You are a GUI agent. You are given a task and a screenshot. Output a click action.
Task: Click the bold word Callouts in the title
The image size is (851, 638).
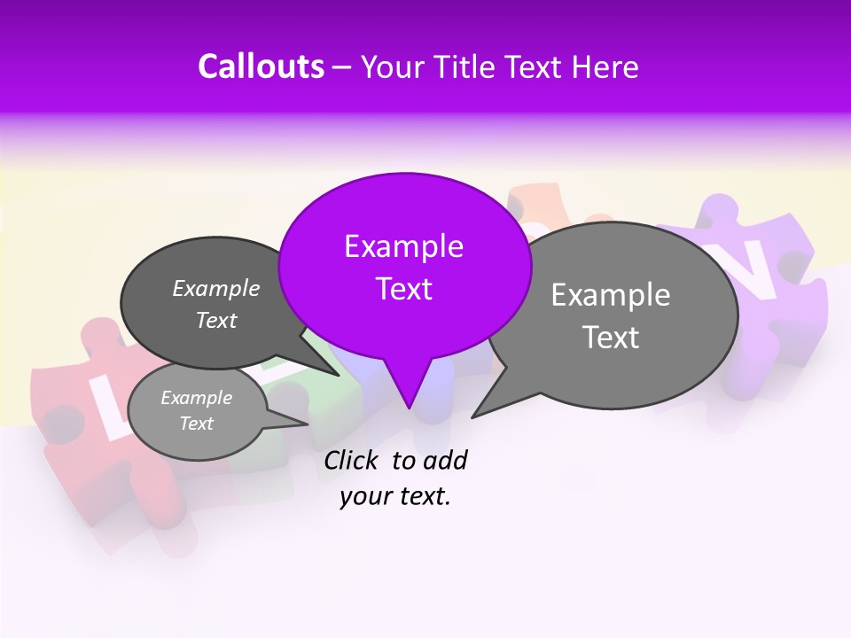(x=261, y=66)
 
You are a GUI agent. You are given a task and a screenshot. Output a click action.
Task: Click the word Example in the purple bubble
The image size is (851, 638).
(x=403, y=245)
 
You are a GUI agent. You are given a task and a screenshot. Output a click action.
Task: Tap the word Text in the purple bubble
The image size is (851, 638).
(x=403, y=288)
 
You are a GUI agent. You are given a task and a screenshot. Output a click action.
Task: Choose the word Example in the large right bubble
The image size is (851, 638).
(x=611, y=294)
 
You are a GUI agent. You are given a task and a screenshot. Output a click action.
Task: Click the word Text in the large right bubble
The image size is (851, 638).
(x=611, y=337)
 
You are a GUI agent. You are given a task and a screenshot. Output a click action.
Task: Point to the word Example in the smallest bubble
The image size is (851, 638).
(x=196, y=398)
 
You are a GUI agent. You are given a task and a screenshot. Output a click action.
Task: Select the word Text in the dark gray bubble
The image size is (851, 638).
(x=216, y=321)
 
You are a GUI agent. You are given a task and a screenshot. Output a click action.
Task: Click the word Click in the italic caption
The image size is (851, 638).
(x=353, y=460)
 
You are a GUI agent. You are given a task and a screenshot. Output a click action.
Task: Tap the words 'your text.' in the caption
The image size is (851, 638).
(x=395, y=497)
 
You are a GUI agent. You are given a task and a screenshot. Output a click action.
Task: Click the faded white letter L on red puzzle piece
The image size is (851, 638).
(x=102, y=403)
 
